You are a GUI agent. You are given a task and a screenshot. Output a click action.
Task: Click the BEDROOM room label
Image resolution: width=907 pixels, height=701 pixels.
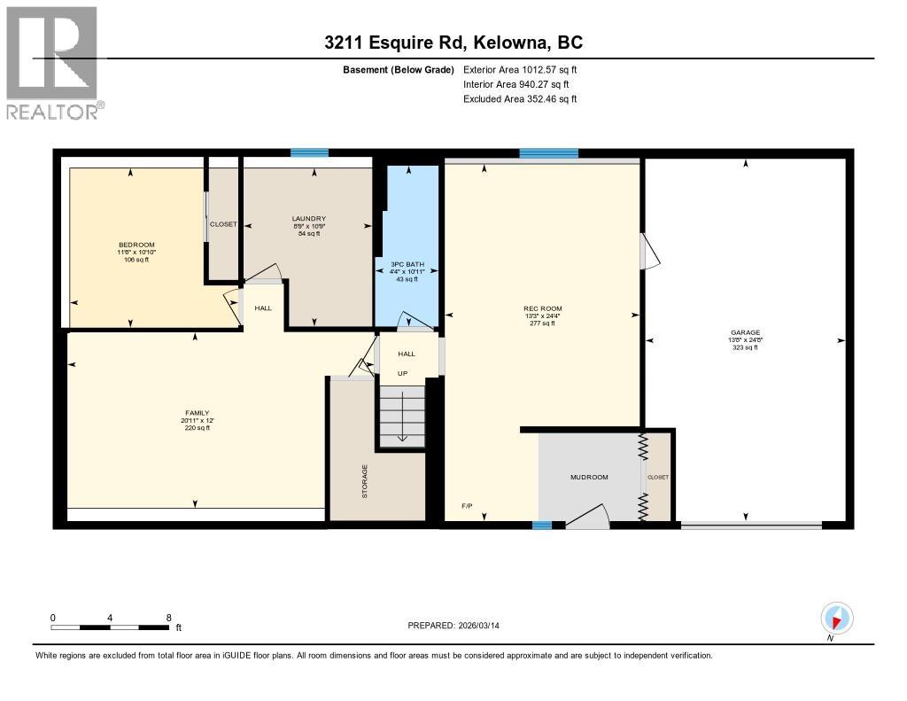(x=137, y=245)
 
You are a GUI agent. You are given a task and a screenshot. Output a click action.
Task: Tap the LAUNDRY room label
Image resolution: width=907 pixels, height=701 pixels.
(x=309, y=219)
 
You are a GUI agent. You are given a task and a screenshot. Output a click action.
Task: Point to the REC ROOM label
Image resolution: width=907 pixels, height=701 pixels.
(x=543, y=309)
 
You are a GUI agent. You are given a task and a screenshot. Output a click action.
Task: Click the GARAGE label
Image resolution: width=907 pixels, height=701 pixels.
(x=745, y=333)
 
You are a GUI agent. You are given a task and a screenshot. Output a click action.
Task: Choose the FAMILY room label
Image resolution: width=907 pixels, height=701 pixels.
(x=197, y=413)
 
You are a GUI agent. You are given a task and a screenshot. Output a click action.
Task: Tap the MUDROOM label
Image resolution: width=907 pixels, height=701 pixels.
(x=588, y=478)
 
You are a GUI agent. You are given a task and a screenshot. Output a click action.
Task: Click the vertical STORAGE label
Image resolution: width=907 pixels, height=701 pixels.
(x=364, y=481)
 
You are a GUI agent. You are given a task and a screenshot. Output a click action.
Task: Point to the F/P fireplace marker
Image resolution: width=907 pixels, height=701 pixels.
(x=467, y=506)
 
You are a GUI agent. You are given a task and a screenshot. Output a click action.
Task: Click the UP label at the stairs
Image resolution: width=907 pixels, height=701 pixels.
(x=402, y=373)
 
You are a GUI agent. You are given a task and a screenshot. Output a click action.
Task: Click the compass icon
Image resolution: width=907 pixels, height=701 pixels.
(x=836, y=618)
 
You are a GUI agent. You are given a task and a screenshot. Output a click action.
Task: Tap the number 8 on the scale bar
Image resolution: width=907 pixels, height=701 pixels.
(x=168, y=618)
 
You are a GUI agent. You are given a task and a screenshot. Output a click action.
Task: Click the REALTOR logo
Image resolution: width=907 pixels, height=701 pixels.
(x=52, y=63)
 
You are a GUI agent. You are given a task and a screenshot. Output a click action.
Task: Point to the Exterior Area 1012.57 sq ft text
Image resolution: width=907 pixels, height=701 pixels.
(x=520, y=69)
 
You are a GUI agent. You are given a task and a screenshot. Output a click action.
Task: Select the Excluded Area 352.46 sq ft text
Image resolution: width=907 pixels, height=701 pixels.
(x=520, y=99)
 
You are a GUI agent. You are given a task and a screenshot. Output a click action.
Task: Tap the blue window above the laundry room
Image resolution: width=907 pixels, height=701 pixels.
(x=310, y=153)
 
